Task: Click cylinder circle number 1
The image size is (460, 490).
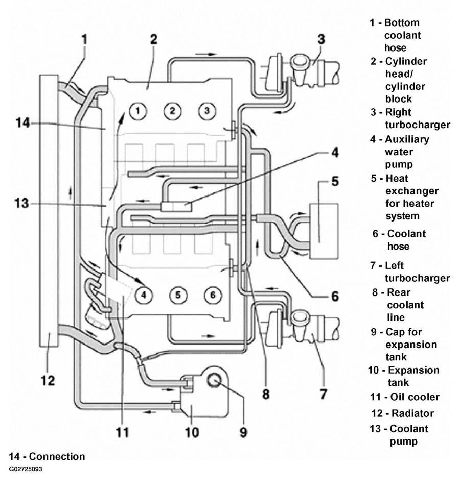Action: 138,111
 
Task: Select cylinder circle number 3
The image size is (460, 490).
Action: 207,111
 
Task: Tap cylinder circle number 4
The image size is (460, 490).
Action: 143,295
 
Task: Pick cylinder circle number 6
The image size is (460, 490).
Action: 213,295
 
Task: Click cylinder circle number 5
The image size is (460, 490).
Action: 178,295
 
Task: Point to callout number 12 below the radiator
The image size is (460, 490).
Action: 48,380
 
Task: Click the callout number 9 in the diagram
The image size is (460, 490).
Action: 243,432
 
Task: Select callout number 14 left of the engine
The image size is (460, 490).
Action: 22,123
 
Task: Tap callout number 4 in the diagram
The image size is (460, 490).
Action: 335,153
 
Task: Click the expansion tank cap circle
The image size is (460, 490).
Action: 214,380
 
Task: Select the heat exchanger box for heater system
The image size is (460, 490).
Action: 324,231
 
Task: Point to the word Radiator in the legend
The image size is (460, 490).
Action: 412,413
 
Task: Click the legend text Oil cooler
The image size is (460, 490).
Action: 415,397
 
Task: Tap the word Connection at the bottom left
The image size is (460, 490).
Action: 57,456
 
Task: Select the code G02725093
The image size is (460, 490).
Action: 26,469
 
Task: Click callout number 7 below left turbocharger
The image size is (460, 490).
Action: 323,394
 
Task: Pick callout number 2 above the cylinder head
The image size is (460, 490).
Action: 154,39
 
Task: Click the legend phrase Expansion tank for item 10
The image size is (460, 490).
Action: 413,376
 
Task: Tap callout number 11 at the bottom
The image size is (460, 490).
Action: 122,432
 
